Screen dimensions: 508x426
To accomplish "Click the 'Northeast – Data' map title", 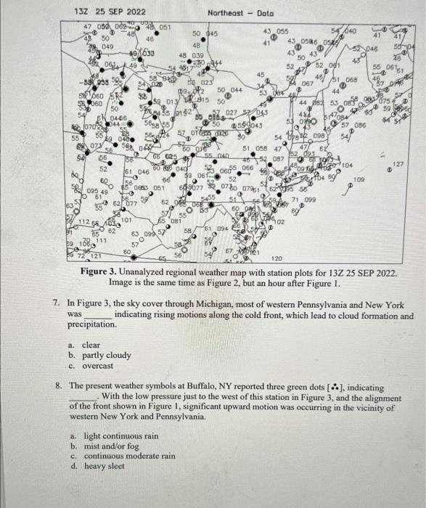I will [x=240, y=12].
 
